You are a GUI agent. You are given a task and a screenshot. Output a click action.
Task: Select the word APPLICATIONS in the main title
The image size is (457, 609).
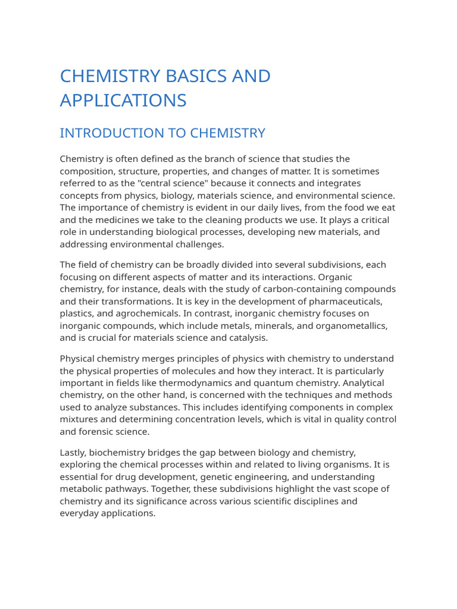pyautogui.click(x=123, y=101)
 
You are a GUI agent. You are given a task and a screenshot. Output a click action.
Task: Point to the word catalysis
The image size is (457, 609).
pyautogui.click(x=247, y=338)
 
